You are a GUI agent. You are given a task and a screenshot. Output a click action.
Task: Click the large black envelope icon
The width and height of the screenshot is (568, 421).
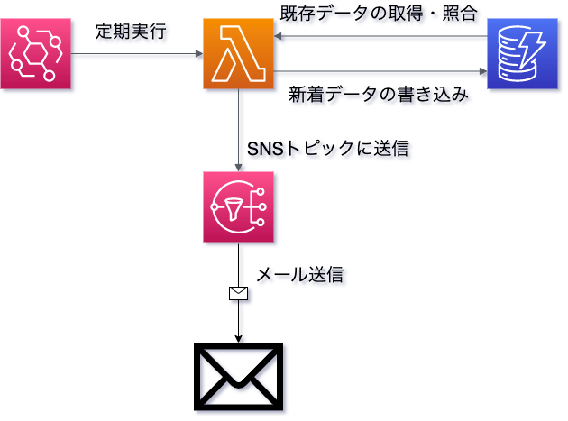tap(239, 377)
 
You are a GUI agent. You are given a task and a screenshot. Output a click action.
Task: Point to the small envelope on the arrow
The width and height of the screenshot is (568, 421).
tap(239, 293)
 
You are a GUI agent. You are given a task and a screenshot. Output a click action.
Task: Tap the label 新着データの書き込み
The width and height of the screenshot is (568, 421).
tap(379, 92)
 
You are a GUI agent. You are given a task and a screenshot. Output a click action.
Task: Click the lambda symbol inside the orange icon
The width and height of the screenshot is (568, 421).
tap(239, 56)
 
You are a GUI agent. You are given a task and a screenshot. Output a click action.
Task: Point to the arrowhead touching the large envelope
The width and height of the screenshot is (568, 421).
tap(239, 338)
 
